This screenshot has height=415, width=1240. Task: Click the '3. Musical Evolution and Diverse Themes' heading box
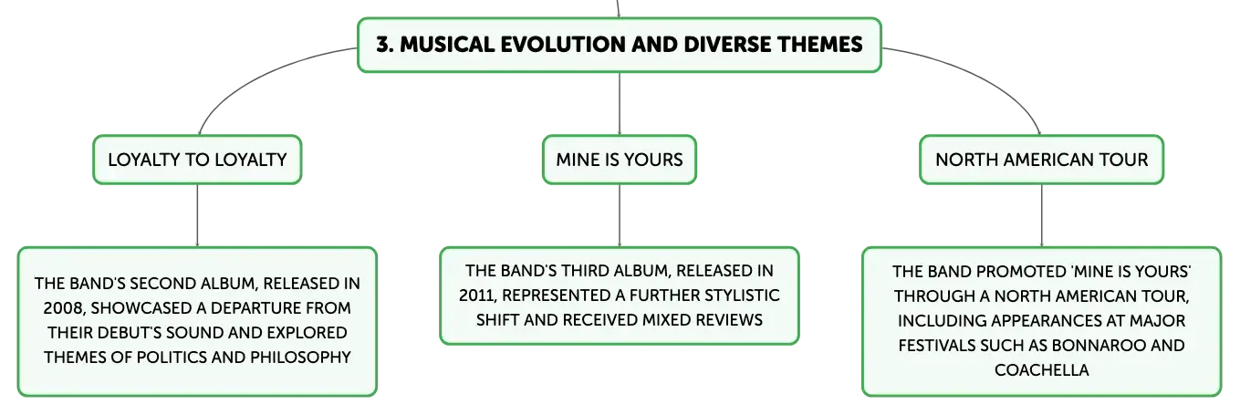click(x=620, y=45)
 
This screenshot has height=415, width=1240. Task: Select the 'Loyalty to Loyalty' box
click(x=197, y=160)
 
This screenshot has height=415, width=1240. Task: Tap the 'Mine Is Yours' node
click(x=620, y=160)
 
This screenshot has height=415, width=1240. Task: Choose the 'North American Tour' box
click(x=1041, y=160)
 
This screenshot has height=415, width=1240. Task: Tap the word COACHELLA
click(x=1041, y=370)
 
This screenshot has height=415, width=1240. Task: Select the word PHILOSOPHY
click(x=300, y=358)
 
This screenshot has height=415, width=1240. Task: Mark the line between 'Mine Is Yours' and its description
click(x=620, y=215)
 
